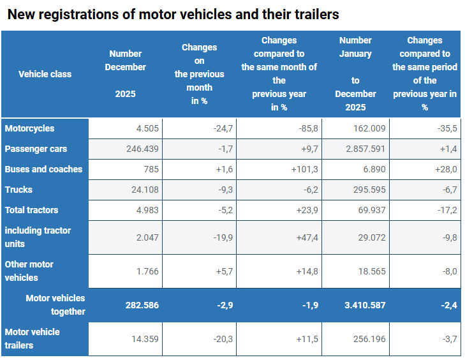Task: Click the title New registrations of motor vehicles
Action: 173,14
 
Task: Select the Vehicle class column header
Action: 45,74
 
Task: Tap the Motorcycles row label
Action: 29,128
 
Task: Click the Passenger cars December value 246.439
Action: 138,149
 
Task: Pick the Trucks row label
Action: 18,190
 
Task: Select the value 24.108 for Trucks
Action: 144,190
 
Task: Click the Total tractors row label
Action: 31,210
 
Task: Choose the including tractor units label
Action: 38,237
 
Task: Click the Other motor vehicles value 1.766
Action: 147,271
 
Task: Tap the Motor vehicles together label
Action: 55,305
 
